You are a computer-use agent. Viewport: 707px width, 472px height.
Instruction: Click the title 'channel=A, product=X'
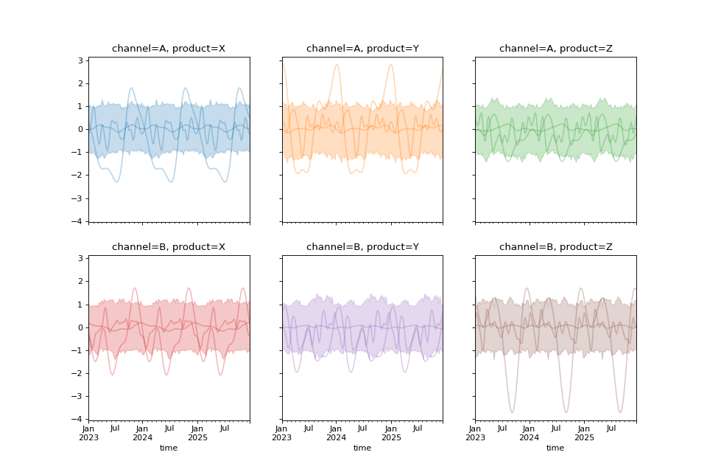coord(169,49)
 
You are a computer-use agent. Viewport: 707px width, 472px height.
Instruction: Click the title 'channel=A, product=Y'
coord(362,49)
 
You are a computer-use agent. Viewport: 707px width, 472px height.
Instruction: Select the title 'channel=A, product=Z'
coord(555,49)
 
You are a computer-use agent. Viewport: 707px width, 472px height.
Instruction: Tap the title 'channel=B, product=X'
coord(169,247)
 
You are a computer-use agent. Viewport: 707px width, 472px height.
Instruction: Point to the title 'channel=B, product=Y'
coord(362,247)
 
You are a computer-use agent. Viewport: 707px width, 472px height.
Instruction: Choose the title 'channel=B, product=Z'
coord(555,247)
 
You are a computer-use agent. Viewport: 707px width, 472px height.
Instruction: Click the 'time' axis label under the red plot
coord(169,448)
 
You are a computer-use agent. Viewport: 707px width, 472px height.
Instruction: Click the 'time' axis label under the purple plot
coord(362,448)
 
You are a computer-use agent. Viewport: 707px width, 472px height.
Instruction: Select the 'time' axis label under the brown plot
coord(555,448)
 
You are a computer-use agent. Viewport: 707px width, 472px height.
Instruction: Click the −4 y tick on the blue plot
coord(80,221)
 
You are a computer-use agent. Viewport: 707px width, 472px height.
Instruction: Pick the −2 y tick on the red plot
coord(80,373)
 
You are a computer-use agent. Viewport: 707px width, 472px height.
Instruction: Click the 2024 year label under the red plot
coord(142,437)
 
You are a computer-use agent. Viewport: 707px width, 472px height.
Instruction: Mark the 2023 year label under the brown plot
coord(475,437)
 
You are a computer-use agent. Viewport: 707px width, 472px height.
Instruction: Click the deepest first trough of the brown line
coord(512,412)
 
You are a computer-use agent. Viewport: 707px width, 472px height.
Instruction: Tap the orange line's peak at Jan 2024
coord(337,64)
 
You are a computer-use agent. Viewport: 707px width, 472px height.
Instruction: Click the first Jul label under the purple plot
coord(309,428)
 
